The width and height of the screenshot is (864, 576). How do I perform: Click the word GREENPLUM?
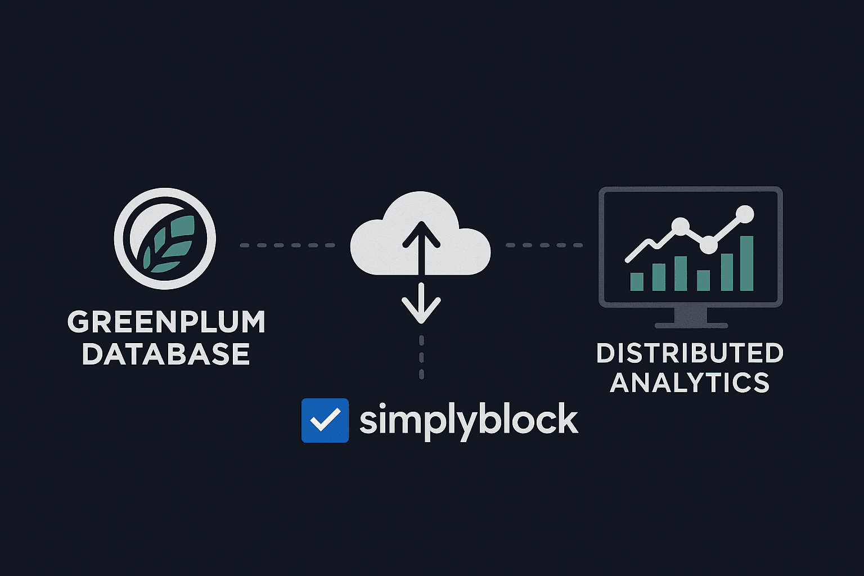(166, 322)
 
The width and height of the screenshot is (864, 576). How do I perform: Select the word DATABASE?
(166, 354)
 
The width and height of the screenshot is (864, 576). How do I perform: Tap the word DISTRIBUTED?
(690, 354)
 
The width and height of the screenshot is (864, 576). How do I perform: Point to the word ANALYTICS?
(690, 383)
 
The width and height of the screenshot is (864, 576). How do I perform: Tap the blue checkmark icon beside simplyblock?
(325, 421)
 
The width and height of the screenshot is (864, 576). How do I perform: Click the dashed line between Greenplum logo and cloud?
(287, 245)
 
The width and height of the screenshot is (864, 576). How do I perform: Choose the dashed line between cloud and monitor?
(544, 245)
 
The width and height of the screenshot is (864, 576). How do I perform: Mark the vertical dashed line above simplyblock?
(421, 357)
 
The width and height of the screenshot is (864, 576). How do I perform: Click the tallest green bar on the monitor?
(746, 263)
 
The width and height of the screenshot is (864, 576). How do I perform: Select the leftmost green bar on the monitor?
(637, 281)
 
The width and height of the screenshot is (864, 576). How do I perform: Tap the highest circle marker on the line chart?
(745, 214)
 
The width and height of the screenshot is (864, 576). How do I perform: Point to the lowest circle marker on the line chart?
(708, 245)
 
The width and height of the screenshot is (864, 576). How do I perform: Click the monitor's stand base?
(691, 325)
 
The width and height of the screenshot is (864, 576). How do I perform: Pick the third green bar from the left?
(681, 273)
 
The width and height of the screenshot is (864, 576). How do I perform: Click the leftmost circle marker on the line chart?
(680, 226)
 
